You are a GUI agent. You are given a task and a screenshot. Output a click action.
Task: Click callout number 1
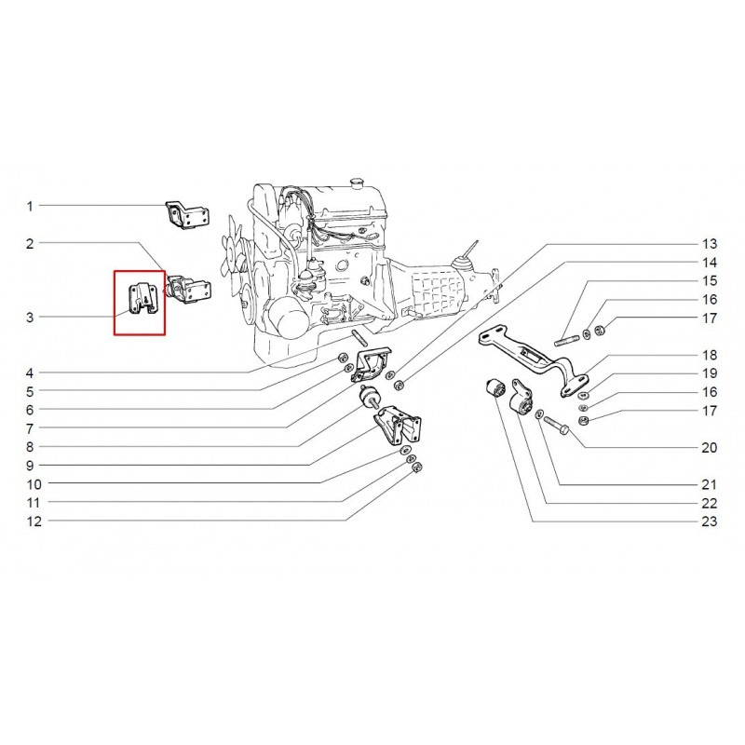click(x=30, y=206)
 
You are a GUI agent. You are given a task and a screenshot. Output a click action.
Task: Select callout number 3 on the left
click(x=30, y=318)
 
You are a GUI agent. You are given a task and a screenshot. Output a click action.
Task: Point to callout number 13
click(x=710, y=243)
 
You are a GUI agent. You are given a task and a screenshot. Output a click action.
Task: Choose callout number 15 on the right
click(x=710, y=280)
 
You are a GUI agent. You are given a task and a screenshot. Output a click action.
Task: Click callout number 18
click(x=710, y=355)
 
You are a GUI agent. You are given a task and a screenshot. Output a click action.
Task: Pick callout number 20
click(x=710, y=448)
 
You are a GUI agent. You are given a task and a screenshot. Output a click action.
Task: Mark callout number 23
click(x=710, y=521)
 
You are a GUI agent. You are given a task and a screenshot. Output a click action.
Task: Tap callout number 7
click(x=30, y=429)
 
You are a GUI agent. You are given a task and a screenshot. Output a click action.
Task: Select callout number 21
click(x=710, y=485)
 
